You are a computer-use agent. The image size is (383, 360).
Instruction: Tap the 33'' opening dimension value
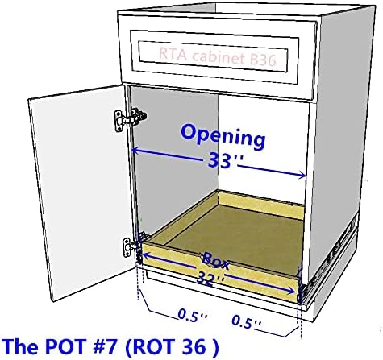pyautogui.click(x=222, y=161)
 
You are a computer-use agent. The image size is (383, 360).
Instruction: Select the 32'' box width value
pyautogui.click(x=210, y=279)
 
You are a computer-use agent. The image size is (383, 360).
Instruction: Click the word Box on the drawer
pyautogui.click(x=216, y=261)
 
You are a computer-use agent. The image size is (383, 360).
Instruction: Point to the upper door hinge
pyautogui.click(x=130, y=119)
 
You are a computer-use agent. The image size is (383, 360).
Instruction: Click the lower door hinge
pyautogui.click(x=134, y=245)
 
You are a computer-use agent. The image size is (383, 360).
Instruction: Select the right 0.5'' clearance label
pyautogui.click(x=246, y=322)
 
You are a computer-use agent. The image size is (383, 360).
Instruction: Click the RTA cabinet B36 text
pyautogui.click(x=217, y=56)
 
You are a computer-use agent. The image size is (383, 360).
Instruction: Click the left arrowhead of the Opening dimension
pyautogui.click(x=135, y=151)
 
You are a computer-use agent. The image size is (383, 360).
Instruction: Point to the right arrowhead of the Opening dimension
pyautogui.click(x=302, y=175)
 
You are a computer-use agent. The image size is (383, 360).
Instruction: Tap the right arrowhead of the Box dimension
pyautogui.click(x=292, y=290)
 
